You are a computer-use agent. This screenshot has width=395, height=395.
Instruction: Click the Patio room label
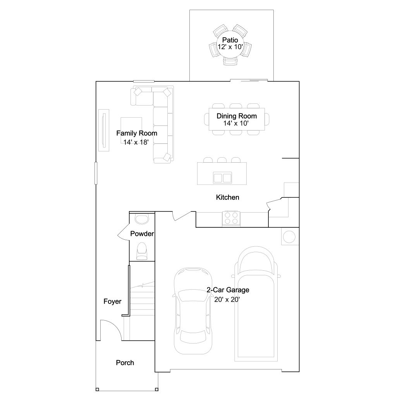point(230,40)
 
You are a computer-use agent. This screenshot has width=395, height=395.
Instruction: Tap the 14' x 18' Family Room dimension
point(136,143)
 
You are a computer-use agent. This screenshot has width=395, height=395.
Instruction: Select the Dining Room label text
point(237,116)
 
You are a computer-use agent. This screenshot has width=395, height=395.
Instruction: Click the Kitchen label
point(227,197)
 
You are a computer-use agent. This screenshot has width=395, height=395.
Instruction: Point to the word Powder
point(142,234)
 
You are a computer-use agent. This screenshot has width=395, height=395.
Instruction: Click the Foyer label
point(112,302)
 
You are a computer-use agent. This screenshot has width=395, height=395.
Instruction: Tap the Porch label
point(125,363)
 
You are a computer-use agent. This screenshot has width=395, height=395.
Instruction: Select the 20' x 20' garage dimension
point(227,299)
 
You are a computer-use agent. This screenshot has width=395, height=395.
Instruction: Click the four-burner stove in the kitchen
point(231,218)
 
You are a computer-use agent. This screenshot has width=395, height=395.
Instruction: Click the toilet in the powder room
point(142,251)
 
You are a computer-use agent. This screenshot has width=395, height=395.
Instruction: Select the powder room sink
point(142,219)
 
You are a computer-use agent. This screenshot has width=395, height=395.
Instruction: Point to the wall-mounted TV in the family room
point(104,130)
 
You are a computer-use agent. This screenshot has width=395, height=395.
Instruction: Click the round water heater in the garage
point(289,237)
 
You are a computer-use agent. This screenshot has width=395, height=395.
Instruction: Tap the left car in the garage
point(193,311)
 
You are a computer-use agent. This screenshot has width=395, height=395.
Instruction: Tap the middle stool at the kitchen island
point(222,160)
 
